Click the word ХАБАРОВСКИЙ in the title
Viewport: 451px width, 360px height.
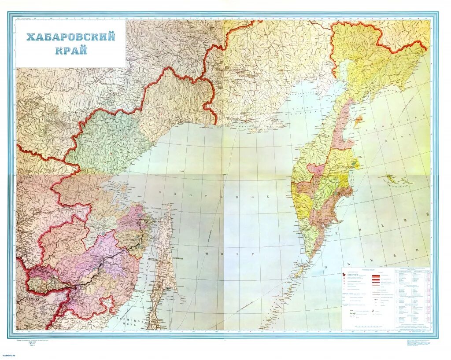[x=70, y=37]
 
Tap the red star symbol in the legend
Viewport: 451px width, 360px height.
[x=344, y=276]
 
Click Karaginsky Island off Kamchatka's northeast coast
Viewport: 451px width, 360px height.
[x=359, y=119]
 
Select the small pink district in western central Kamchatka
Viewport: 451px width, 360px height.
[x=316, y=169]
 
